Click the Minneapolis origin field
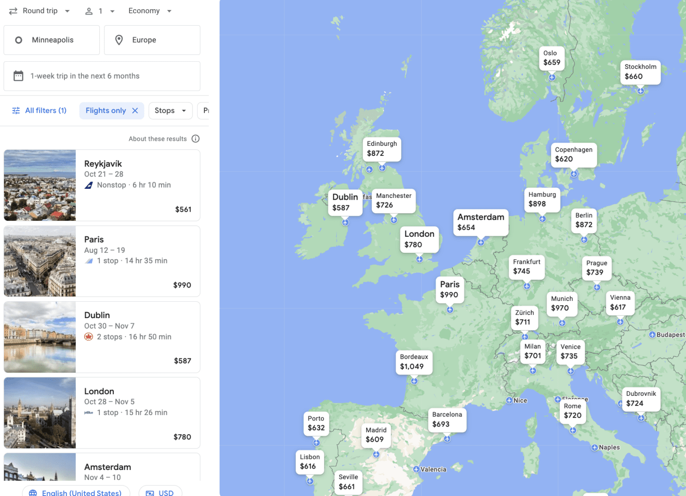[x=52, y=40]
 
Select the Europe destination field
[x=152, y=40]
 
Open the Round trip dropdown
[x=40, y=11]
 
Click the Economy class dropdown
[x=150, y=11]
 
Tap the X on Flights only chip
[x=135, y=111]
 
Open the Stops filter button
[x=170, y=111]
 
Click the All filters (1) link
[x=39, y=111]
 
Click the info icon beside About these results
[x=196, y=139]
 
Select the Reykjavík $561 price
[x=183, y=209]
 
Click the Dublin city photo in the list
[x=40, y=337]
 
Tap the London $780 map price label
[x=419, y=240]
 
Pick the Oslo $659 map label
[x=552, y=58]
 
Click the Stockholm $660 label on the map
[x=640, y=72]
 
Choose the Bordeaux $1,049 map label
[x=413, y=362]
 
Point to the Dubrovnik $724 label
[x=641, y=399]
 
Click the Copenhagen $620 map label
[x=573, y=155]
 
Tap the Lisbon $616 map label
[x=310, y=462]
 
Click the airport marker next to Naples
[x=595, y=448]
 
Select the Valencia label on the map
[x=433, y=469]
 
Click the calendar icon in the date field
[x=18, y=76]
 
